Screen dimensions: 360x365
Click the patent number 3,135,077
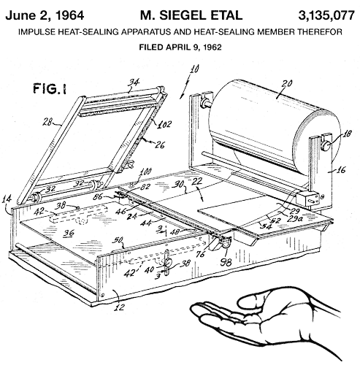tap(326, 15)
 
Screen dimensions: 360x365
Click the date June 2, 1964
tap(45, 15)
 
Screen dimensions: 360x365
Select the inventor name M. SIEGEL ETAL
tap(191, 15)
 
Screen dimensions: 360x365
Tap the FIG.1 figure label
tap(50, 88)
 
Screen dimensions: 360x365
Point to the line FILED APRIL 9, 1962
tap(180, 47)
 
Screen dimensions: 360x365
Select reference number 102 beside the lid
tap(164, 124)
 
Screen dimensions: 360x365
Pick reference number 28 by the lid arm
tap(47, 122)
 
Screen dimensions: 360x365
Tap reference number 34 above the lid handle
tap(134, 82)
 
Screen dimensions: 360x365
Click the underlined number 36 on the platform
tap(69, 234)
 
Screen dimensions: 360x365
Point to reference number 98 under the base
tap(226, 262)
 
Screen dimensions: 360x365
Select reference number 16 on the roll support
tap(340, 169)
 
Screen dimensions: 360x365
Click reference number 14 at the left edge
tap(7, 199)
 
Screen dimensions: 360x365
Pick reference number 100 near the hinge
tap(145, 172)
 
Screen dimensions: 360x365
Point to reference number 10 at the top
tap(194, 69)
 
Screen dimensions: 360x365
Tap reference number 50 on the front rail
tap(118, 240)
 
